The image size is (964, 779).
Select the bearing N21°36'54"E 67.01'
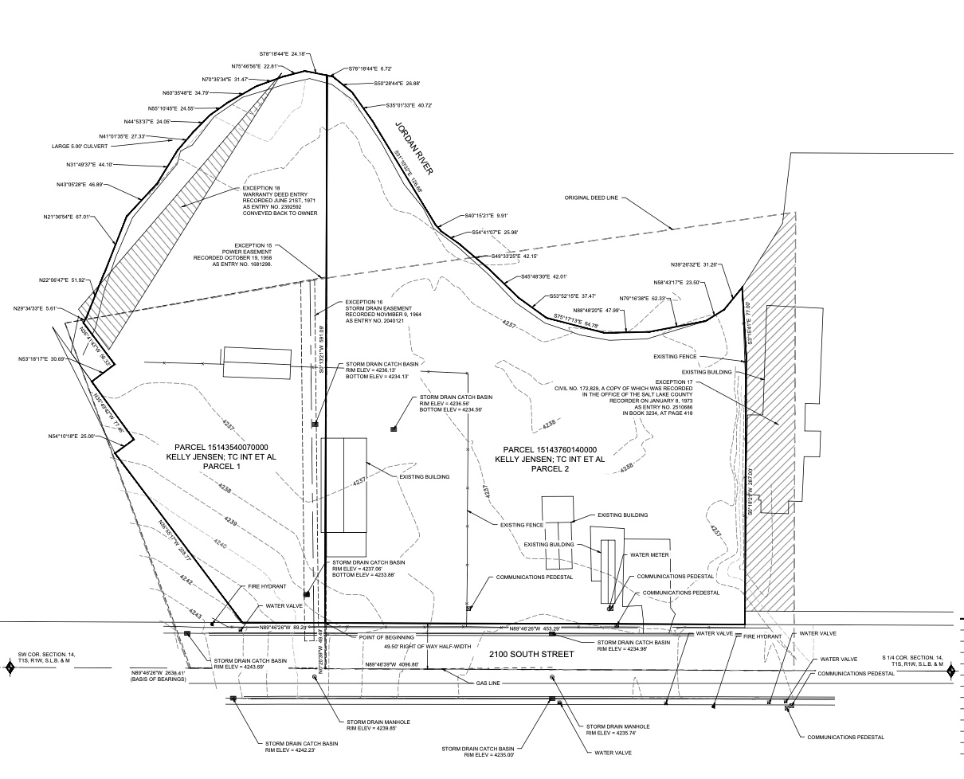pyautogui.click(x=70, y=216)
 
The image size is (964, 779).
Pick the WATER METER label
pyautogui.click(x=649, y=554)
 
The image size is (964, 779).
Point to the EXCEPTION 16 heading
pyautogui.click(x=364, y=303)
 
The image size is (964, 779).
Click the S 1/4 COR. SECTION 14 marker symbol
pyautogui.click(x=951, y=671)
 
